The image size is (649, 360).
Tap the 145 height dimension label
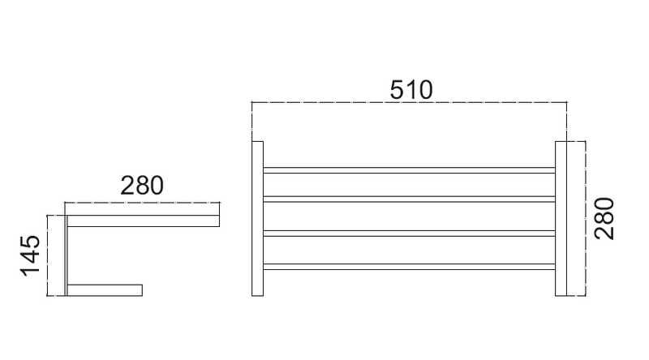31,255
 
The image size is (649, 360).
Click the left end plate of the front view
258,219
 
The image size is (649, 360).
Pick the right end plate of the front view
565,219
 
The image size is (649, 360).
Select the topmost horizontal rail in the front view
410,170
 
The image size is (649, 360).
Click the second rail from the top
410,199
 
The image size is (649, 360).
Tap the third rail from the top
410,234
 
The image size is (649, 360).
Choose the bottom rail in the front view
410,266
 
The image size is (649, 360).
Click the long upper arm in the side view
144,220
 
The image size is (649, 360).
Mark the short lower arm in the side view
105,289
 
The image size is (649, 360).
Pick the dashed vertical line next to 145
49,255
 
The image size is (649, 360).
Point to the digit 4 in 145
31,255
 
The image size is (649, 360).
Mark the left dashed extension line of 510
252,122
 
